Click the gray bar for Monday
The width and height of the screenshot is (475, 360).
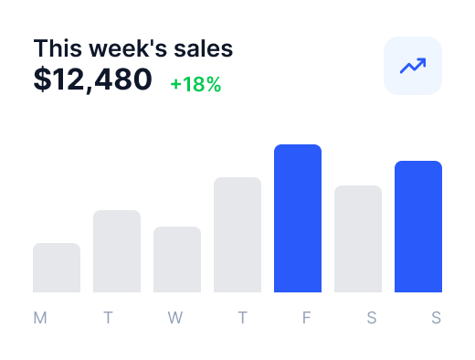click(57, 268)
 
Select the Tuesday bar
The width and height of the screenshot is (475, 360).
click(117, 251)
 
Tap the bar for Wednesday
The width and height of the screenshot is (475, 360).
click(177, 259)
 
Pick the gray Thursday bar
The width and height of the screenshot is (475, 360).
click(237, 235)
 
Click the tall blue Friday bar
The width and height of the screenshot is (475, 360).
click(298, 218)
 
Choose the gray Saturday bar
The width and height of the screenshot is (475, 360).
click(358, 238)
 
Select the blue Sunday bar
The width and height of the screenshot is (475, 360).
click(418, 227)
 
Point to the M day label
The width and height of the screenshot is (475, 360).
click(40, 318)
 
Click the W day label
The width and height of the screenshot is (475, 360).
click(175, 318)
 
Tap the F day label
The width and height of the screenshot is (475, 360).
click(306, 318)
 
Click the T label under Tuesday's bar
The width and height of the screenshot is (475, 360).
click(108, 318)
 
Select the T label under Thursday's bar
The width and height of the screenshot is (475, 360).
click(242, 318)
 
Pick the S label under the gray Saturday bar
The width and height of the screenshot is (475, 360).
click(372, 318)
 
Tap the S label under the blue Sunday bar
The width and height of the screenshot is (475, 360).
click(436, 318)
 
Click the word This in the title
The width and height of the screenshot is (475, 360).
click(58, 48)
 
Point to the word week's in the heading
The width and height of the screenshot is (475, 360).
click(128, 48)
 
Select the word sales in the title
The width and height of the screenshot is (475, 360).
click(204, 48)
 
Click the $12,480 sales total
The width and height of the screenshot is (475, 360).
click(92, 79)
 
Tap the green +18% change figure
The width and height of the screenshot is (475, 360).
click(195, 84)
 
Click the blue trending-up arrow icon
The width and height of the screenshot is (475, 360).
click(413, 66)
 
